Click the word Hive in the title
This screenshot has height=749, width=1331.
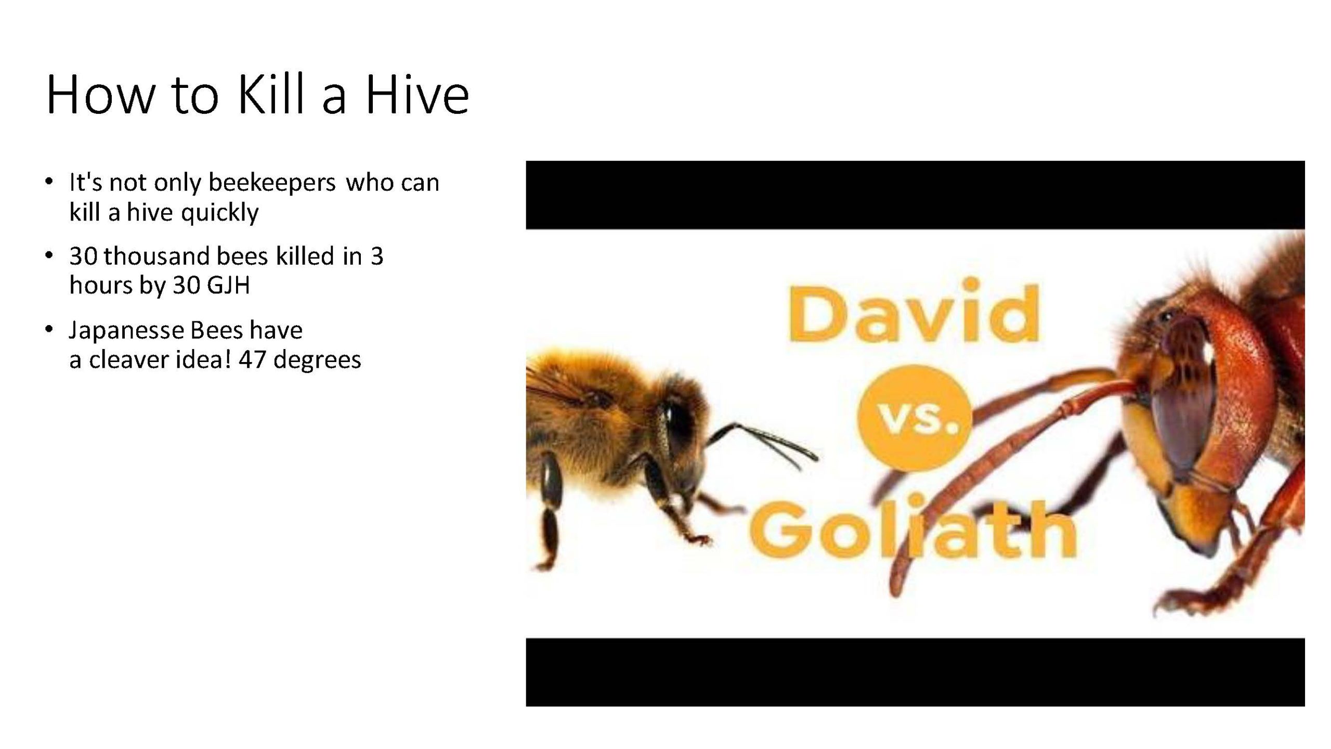(x=417, y=95)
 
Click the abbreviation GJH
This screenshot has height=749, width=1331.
(x=228, y=286)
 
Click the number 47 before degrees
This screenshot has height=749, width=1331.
(x=253, y=360)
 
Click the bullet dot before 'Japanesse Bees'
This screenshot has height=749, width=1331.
(x=49, y=329)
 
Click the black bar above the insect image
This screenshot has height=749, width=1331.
(x=915, y=195)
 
